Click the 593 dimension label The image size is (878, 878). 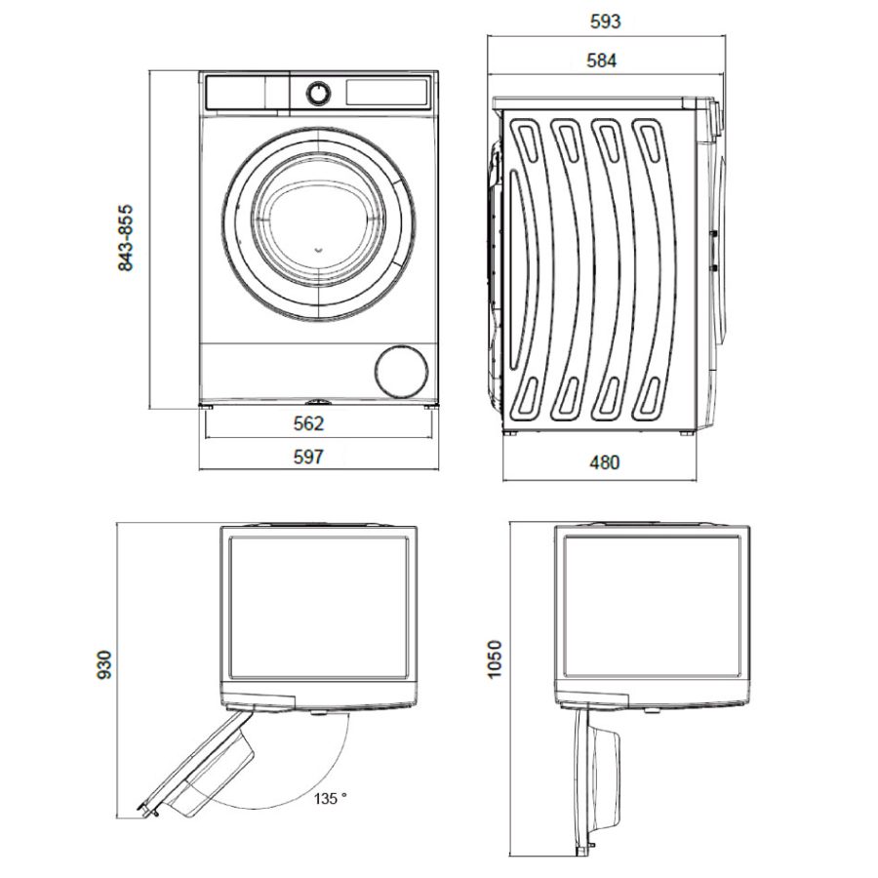tap(606, 21)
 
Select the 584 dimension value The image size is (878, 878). tap(601, 60)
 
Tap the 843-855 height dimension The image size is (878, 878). tap(126, 238)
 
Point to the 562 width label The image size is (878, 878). tap(308, 423)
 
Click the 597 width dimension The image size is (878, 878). tap(308, 457)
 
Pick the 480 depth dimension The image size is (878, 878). tap(605, 462)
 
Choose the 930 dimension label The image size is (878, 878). tap(104, 664)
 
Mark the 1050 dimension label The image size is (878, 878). tap(495, 659)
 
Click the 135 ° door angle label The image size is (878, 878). tap(330, 798)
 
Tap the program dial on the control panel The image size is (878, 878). tap(318, 94)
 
